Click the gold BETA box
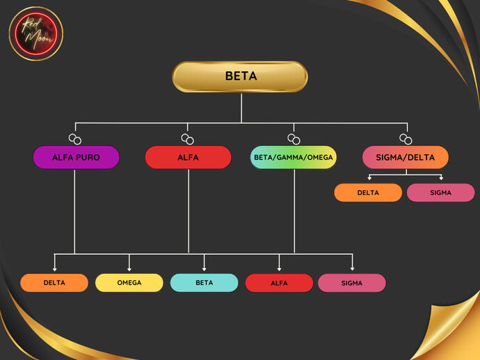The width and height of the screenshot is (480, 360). coord(240,77)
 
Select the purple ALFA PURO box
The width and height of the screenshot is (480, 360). coord(76,157)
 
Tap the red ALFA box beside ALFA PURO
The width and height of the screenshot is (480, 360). coord(188,157)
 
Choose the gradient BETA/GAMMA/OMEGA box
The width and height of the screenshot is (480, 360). coord(294,157)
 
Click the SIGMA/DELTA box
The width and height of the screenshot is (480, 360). coord(405,157)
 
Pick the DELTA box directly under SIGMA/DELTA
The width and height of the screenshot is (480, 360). coord(368,193)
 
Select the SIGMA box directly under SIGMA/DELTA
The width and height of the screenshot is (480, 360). coord(440,193)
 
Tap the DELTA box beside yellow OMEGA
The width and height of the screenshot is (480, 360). coord(54,283)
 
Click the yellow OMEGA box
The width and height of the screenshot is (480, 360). coord(129,283)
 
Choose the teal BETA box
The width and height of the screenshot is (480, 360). coord(205,283)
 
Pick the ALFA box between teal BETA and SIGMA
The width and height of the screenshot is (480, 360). coord(279,283)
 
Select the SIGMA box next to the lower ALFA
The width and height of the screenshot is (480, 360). coord(352,283)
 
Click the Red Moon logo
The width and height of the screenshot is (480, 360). coord(36,33)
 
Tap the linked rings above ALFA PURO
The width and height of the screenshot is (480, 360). coord(74,139)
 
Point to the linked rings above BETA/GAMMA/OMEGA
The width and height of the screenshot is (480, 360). coord(294,139)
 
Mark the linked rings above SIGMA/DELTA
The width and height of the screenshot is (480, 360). coord(406,139)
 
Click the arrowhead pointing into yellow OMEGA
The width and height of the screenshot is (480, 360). coord(129,269)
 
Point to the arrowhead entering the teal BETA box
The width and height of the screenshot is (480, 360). coord(205,269)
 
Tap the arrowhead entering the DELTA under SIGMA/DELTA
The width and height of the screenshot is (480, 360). coord(369,179)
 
